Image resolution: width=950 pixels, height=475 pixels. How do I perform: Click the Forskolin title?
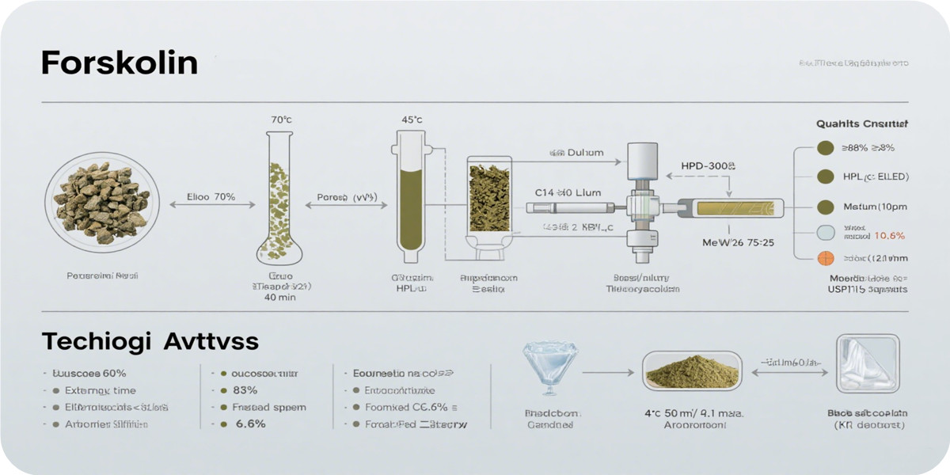(119, 63)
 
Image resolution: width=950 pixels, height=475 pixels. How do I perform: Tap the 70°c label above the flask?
(281, 120)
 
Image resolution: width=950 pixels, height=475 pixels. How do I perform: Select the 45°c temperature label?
(411, 120)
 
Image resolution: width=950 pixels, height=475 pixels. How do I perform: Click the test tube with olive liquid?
(411, 198)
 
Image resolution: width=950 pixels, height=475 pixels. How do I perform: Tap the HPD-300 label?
(709, 167)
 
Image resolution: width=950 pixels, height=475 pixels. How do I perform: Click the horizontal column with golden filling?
(736, 208)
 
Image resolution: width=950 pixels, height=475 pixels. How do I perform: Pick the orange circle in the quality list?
(825, 258)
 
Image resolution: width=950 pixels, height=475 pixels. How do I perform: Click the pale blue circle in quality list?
(825, 234)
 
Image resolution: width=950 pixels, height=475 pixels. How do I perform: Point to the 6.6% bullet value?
(250, 424)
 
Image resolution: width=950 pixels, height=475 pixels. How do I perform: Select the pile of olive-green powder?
(691, 370)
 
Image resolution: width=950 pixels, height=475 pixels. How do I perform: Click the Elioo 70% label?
(211, 197)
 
